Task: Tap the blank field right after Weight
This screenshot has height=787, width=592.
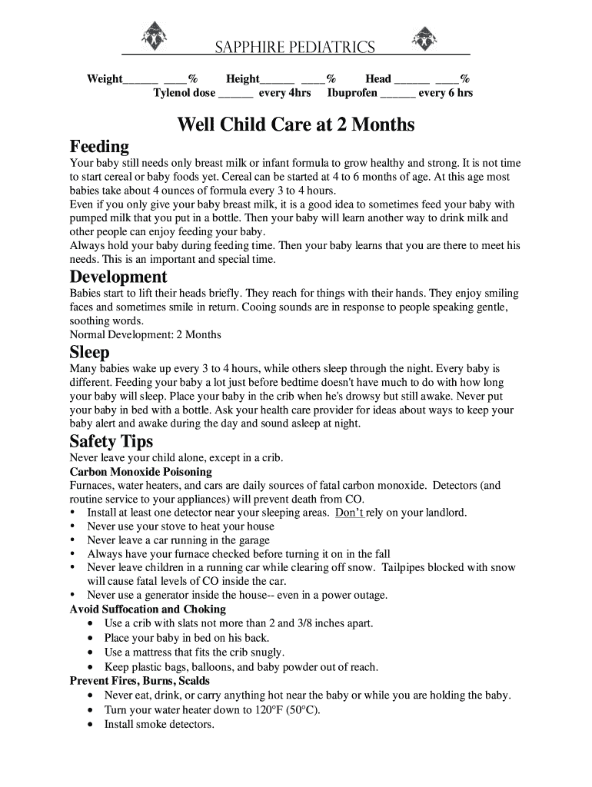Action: pos(141,80)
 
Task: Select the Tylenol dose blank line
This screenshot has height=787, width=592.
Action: pos(236,95)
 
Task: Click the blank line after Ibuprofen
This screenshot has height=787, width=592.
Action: pos(397,95)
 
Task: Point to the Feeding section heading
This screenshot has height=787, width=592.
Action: pos(99,146)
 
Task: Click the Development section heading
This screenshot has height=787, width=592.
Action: pos(118,277)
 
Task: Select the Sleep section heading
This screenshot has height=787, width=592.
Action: pos(90,352)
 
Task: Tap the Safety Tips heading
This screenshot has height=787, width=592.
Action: pos(111,441)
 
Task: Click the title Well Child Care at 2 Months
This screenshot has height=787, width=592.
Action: pos(296,125)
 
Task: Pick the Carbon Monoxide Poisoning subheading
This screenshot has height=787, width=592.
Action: pos(141,471)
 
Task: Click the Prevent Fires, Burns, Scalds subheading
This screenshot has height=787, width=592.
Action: pos(140,681)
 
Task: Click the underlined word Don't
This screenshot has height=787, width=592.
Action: pos(349,513)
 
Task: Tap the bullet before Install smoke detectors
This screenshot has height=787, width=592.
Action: pos(92,724)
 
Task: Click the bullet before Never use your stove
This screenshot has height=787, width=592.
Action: pos(73,526)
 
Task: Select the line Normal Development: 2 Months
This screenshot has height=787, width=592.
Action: pos(145,334)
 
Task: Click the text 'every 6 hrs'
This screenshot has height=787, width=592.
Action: pos(446,94)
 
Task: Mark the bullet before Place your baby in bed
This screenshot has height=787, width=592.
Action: pos(92,638)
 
